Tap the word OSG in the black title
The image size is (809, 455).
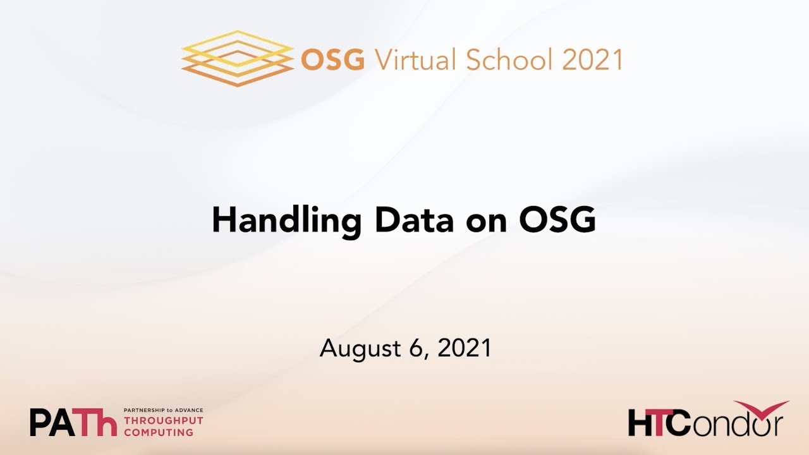(557, 221)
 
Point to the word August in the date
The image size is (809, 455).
(357, 348)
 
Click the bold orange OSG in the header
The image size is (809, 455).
(333, 60)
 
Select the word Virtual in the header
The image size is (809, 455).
(415, 60)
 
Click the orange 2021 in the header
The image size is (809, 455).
(592, 60)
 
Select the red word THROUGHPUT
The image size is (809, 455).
(163, 421)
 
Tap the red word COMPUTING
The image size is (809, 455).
(159, 432)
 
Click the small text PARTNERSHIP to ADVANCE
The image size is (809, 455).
(163, 410)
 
